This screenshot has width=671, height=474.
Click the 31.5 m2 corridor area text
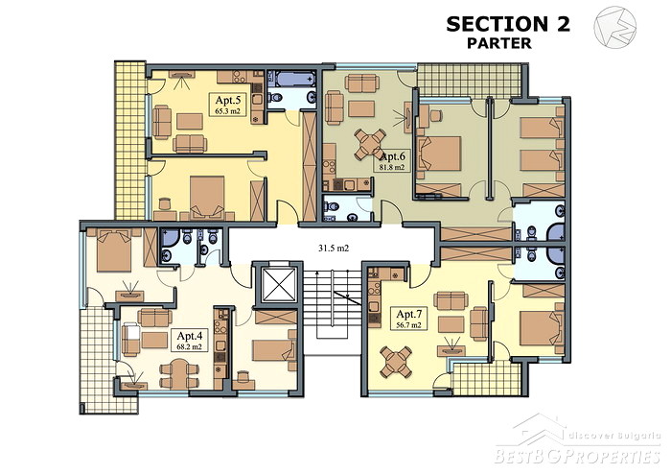point(334,248)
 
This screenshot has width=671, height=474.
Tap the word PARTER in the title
point(499,43)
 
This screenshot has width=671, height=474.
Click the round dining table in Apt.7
point(396,363)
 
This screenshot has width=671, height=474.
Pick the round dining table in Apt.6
point(370,144)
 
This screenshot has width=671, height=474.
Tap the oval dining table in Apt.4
point(180,374)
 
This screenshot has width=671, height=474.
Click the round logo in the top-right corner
point(614,27)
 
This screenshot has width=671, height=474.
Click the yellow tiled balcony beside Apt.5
point(130,141)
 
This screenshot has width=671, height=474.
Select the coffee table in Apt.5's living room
point(190,121)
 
